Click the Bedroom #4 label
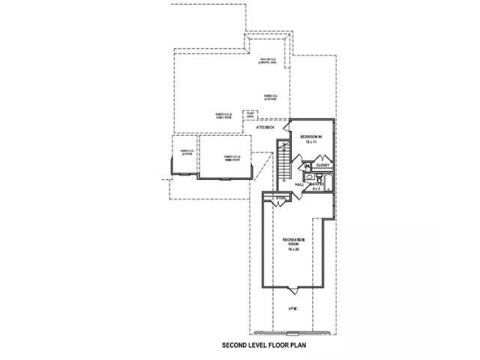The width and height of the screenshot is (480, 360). click(x=310, y=136)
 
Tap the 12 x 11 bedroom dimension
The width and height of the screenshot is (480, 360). click(x=310, y=142)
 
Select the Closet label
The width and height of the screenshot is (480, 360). click(x=322, y=165)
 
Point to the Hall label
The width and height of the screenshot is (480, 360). click(x=298, y=184)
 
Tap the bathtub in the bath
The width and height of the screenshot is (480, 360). click(x=328, y=182)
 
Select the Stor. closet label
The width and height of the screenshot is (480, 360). click(x=280, y=198)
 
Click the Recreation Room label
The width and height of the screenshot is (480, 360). click(x=293, y=241)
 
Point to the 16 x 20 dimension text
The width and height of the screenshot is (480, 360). click(x=293, y=250)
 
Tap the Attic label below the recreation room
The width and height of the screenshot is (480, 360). click(x=292, y=308)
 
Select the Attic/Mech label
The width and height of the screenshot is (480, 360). click(x=266, y=127)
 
